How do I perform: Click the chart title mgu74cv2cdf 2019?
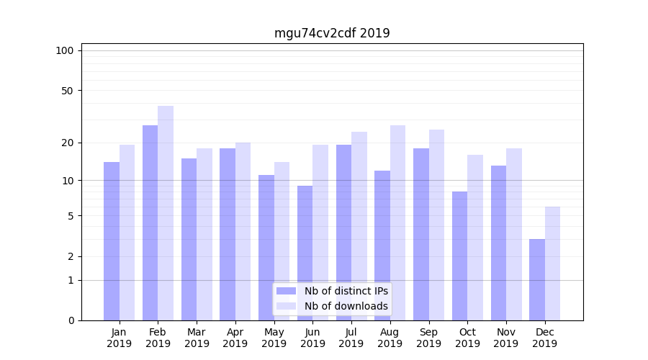pyautogui.click(x=332, y=33)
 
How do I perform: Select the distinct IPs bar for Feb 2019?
pyautogui.click(x=150, y=222)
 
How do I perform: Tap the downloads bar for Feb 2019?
pyautogui.click(x=166, y=213)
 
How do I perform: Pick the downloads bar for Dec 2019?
pyautogui.click(x=553, y=264)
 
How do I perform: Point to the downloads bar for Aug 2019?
pyautogui.click(x=397, y=222)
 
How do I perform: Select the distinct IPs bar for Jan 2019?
pyautogui.click(x=112, y=241)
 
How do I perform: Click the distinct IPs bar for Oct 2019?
pyautogui.click(x=459, y=256)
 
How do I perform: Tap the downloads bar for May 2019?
pyautogui.click(x=282, y=241)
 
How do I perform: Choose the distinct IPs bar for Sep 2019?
pyautogui.click(x=420, y=234)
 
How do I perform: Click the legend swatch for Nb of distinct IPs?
pyautogui.click(x=287, y=291)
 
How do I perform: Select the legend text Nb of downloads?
pyautogui.click(x=346, y=306)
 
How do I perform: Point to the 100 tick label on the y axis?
pyautogui.click(x=65, y=50)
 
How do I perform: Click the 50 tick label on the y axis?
pyautogui.click(x=68, y=91)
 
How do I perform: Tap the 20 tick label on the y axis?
pyautogui.click(x=68, y=143)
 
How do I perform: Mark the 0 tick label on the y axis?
pyautogui.click(x=71, y=320)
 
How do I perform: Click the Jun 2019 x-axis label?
pyautogui.click(x=312, y=338)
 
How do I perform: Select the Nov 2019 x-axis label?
pyautogui.click(x=506, y=338)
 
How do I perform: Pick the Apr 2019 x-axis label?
pyautogui.click(x=235, y=338)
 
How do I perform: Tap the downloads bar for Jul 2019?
pyautogui.click(x=359, y=226)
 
